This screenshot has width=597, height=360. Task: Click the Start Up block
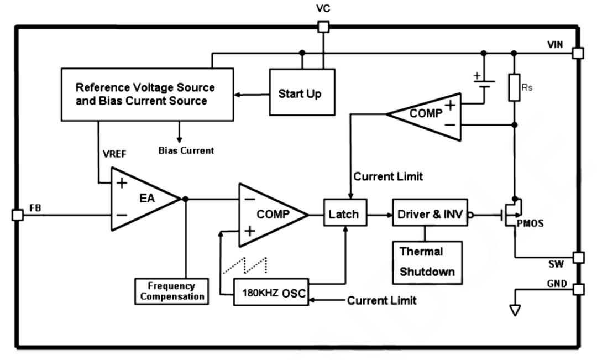point(299,92)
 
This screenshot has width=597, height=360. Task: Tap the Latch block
point(344,213)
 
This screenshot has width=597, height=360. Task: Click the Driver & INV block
point(430,213)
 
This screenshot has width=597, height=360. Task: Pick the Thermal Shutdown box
point(427,262)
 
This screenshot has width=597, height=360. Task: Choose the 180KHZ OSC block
point(271,293)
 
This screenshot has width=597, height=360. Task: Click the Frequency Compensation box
point(171,291)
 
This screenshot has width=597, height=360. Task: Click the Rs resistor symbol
point(514,88)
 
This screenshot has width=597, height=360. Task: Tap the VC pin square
point(323,27)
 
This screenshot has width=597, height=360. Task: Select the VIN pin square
point(578,53)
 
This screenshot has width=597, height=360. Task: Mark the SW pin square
point(578,257)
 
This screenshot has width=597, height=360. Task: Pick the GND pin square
point(578,289)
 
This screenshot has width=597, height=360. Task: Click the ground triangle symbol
point(515,311)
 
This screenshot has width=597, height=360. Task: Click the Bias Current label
point(186,150)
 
